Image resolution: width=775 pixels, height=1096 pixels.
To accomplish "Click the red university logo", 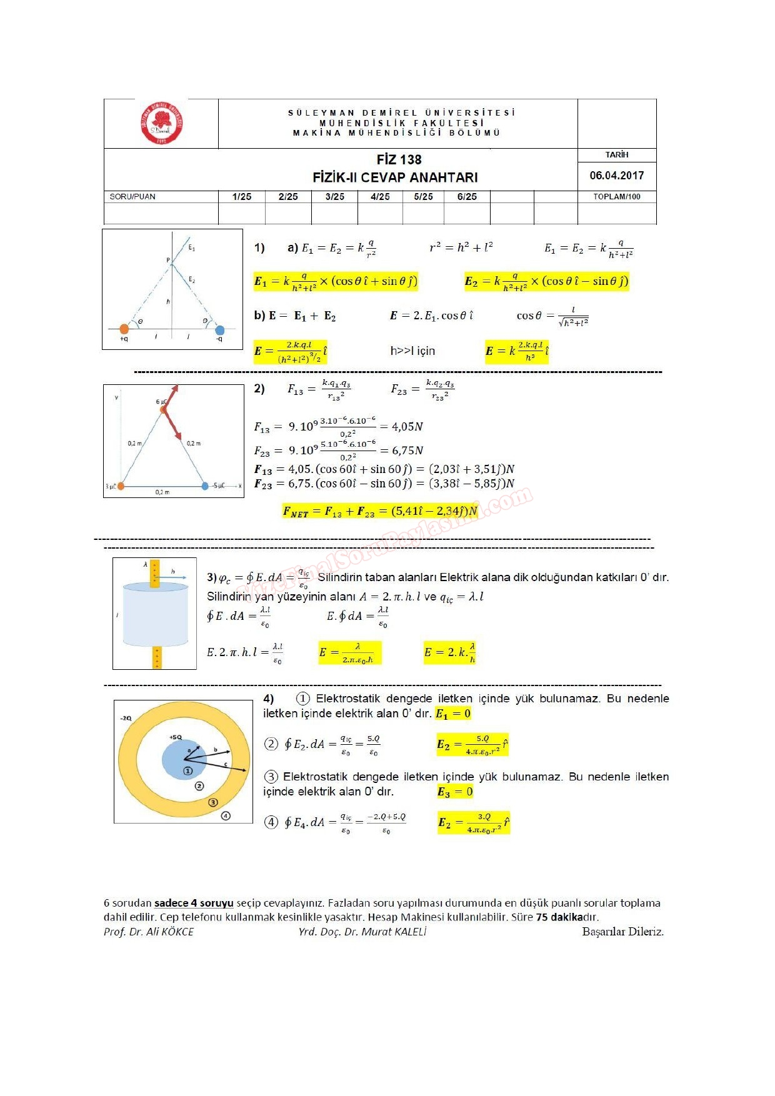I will tap(161, 123).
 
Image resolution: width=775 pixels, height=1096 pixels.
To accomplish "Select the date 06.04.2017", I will tap(616, 176).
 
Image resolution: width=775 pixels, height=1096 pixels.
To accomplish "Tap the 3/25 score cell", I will tap(334, 197).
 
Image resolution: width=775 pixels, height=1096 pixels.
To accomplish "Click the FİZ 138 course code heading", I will tap(399, 160).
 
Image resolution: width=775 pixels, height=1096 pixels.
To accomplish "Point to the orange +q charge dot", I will tap(124, 329).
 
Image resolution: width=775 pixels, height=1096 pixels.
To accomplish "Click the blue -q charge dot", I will tap(219, 330).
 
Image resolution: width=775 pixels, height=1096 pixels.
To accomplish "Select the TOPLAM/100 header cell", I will tap(616, 197).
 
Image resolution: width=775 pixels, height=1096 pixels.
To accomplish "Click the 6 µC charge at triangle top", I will tap(164, 409).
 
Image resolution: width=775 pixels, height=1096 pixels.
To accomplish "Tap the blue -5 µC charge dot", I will tap(205, 486).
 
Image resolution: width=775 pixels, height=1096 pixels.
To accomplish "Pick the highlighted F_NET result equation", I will tap(380, 512).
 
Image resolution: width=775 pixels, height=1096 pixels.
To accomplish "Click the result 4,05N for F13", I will tap(407, 427).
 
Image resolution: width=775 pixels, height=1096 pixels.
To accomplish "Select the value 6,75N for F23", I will tap(407, 451).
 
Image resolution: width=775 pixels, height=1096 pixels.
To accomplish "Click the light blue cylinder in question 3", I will tap(156, 615).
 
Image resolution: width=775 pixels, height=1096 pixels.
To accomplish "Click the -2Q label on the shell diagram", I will tap(126, 718).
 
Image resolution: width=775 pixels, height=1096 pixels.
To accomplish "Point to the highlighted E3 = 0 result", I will tap(455, 792).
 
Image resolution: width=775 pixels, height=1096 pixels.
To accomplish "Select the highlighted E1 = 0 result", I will tap(453, 714).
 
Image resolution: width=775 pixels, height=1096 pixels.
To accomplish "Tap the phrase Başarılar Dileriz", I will tap(622, 932).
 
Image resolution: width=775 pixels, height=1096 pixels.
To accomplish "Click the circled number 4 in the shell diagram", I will tap(226, 815).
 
